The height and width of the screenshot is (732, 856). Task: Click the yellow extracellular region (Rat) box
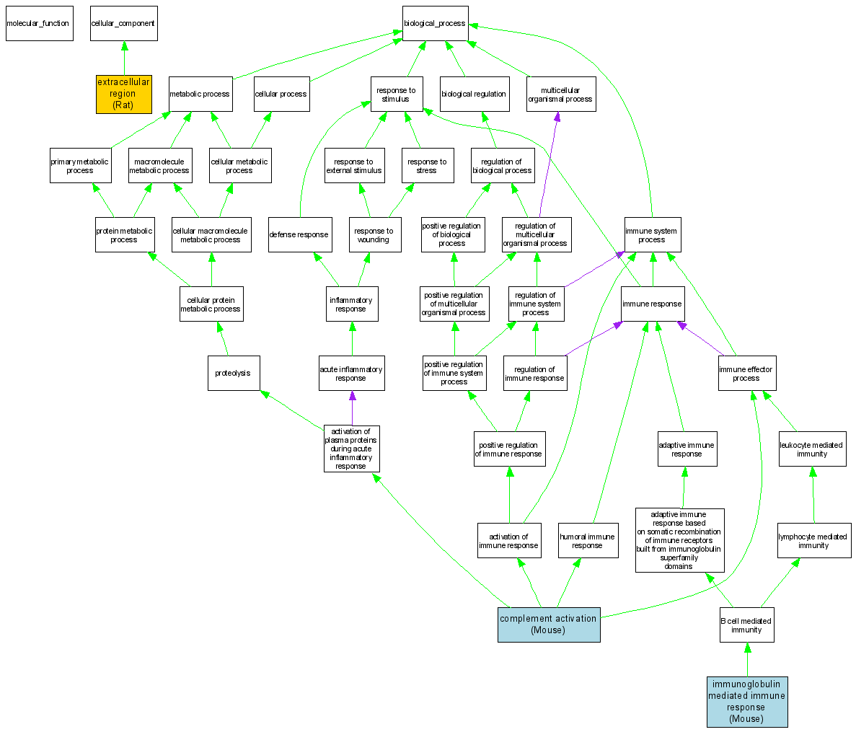coord(124,94)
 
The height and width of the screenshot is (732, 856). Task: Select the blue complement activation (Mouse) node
coord(548,625)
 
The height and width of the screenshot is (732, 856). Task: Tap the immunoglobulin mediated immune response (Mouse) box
coord(746,702)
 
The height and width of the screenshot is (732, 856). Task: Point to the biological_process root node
coord(435,23)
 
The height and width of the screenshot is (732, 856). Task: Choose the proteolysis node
coord(233,373)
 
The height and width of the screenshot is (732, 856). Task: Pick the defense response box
coord(299,234)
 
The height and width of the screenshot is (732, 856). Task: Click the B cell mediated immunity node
coord(746,625)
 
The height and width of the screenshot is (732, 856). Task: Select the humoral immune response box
coord(587,541)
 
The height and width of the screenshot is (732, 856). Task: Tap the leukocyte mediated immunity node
coord(812,449)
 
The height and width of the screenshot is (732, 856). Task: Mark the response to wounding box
coord(374,235)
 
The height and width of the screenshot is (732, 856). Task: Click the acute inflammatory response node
coord(351,374)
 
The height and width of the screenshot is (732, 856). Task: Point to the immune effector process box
coord(746,374)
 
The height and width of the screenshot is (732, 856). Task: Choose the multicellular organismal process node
coord(560,94)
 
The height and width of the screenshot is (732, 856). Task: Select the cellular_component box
coord(123,23)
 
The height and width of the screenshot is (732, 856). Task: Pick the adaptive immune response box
coord(687,449)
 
